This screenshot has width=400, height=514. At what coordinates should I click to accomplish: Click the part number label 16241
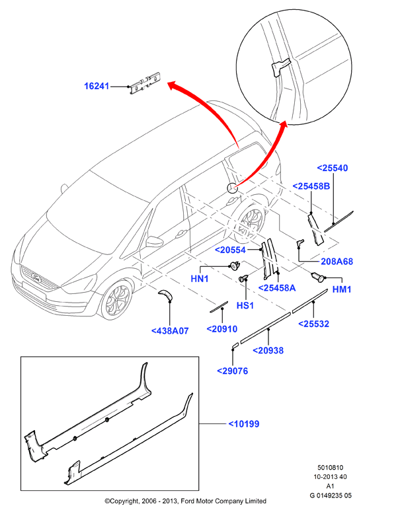(x=97, y=86)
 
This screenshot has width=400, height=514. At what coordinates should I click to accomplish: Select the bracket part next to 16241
(x=145, y=84)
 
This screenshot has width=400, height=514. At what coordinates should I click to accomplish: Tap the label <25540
(x=333, y=168)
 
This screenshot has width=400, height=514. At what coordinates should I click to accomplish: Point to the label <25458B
(x=311, y=186)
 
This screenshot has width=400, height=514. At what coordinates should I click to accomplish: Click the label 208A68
(x=337, y=262)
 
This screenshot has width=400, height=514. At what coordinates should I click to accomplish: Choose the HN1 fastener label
(x=200, y=279)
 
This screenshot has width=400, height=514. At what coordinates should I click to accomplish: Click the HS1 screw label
(x=245, y=305)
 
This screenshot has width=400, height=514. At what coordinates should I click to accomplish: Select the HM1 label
(x=342, y=289)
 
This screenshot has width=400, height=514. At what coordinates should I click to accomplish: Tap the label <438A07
(x=170, y=331)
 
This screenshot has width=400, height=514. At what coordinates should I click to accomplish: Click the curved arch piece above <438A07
(x=166, y=295)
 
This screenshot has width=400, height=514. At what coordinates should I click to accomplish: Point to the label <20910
(x=222, y=329)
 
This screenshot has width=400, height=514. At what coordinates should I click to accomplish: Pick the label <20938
(x=268, y=351)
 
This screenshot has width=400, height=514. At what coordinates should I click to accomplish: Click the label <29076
(x=233, y=371)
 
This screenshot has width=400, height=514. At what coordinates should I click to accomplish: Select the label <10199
(x=244, y=424)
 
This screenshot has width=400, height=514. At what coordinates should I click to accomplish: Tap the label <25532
(x=313, y=324)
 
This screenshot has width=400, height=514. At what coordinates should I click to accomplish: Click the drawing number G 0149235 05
(x=331, y=496)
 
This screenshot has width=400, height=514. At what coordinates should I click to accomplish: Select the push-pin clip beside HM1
(x=318, y=277)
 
